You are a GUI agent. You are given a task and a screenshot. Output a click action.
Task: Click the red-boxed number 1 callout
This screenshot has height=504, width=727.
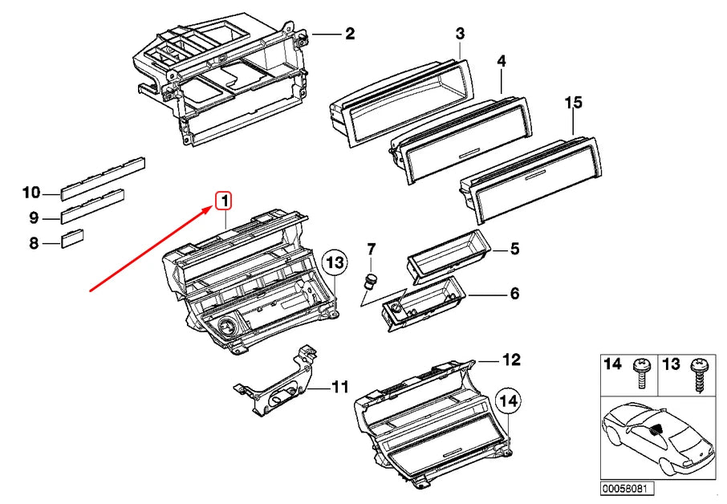(x=224, y=201)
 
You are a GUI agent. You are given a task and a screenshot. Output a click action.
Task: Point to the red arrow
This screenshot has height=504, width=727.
(x=152, y=247)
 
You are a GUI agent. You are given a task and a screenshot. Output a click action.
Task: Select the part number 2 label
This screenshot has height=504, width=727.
(x=349, y=34)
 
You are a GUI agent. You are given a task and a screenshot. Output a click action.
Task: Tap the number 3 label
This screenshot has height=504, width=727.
(x=460, y=34)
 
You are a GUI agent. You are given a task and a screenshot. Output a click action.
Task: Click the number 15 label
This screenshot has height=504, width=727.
(x=573, y=103)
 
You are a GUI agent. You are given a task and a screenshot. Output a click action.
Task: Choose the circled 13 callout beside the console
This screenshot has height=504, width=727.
(x=335, y=262)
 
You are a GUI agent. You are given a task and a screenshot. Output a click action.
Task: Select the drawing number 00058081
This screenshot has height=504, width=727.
(x=629, y=488)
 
